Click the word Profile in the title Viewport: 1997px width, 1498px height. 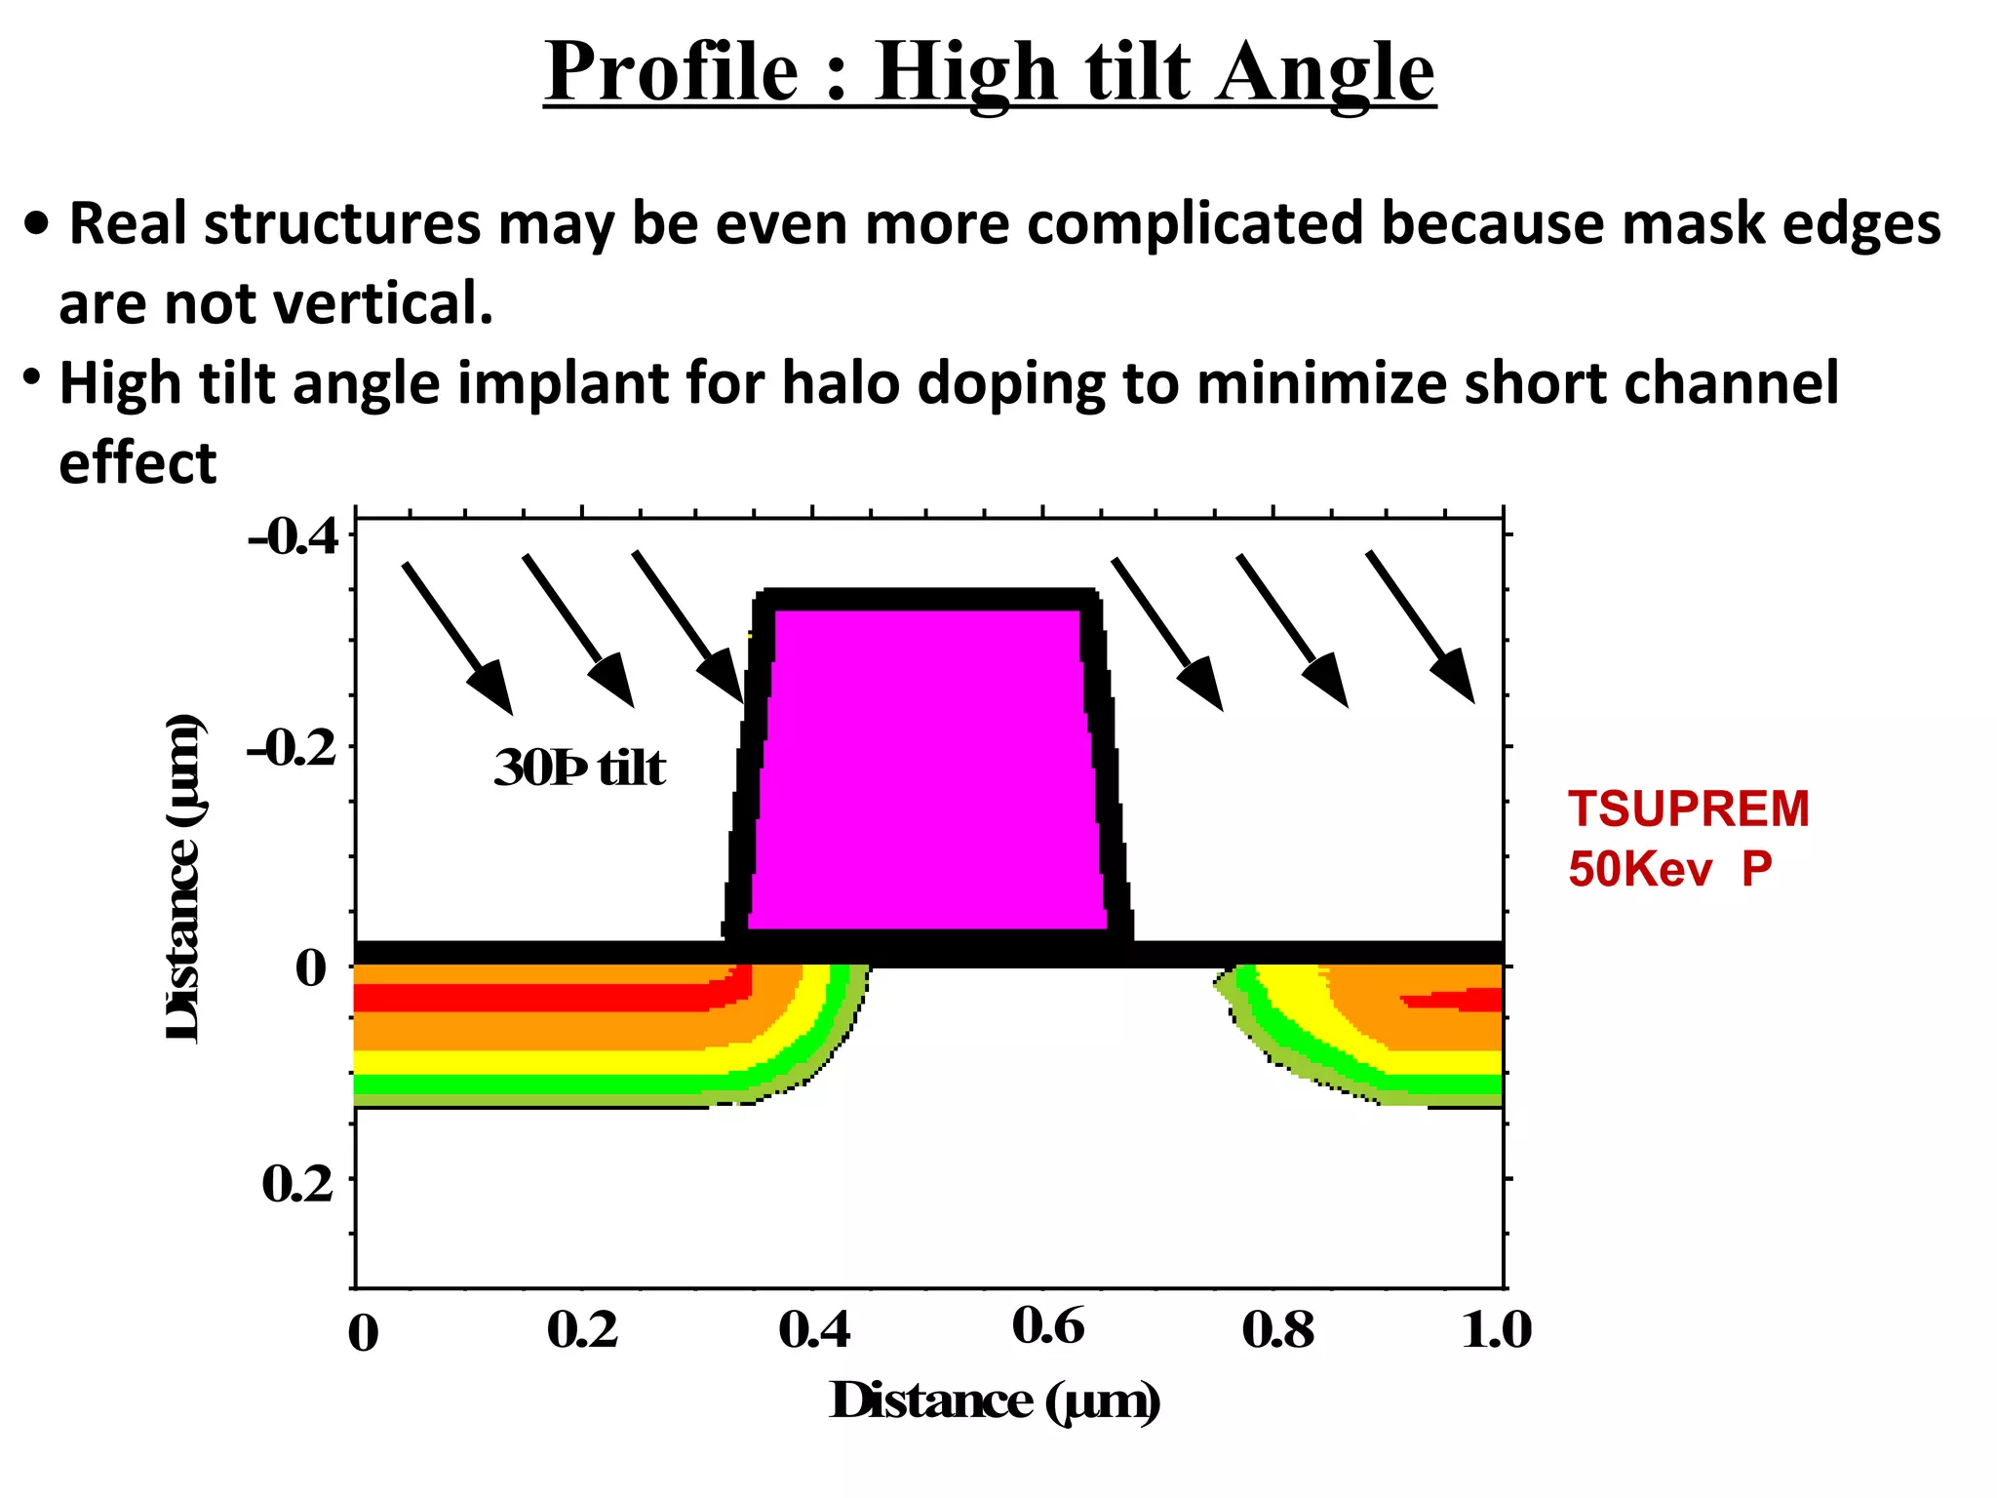click(x=671, y=72)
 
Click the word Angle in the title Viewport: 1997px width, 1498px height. click(x=1325, y=74)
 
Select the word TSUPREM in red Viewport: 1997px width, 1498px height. click(x=1688, y=809)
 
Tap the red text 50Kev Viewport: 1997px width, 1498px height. click(x=1639, y=868)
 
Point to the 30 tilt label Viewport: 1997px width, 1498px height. click(x=579, y=769)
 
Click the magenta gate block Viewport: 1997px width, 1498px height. click(x=927, y=770)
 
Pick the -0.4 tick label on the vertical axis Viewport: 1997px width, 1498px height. click(x=293, y=537)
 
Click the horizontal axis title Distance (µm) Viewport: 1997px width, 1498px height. click(x=996, y=1401)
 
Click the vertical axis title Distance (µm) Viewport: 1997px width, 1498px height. click(x=183, y=878)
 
